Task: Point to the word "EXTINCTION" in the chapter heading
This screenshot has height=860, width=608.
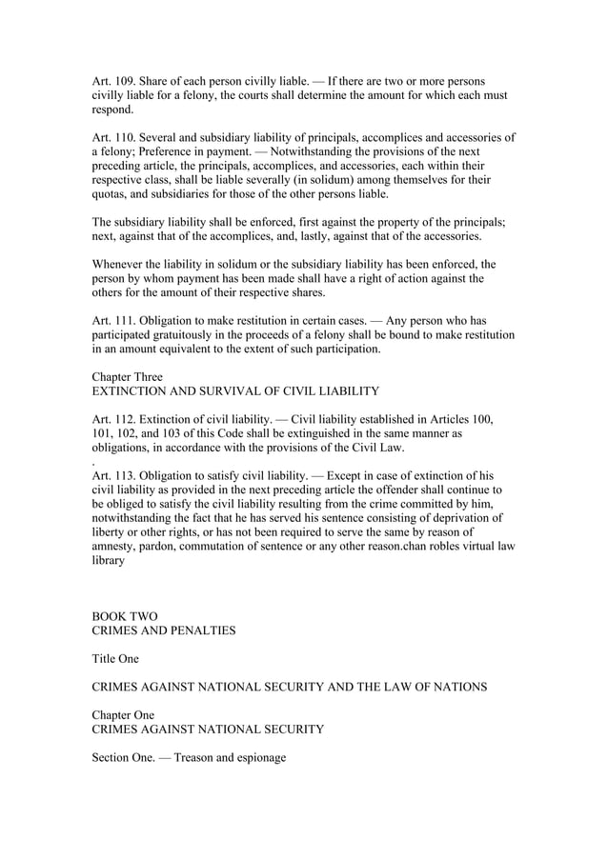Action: tap(131, 391)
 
